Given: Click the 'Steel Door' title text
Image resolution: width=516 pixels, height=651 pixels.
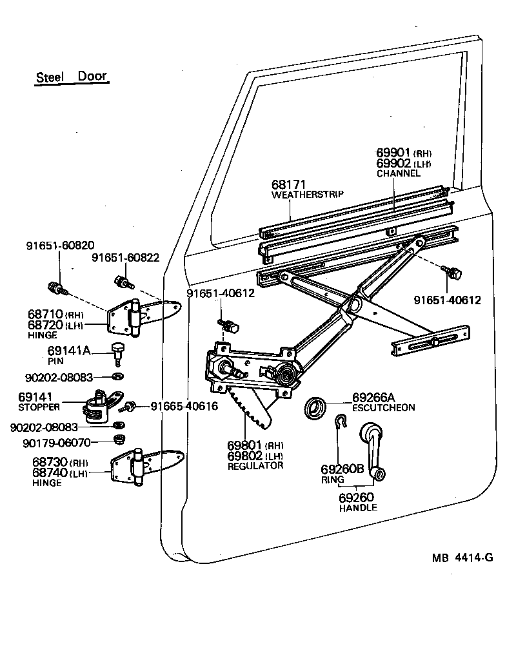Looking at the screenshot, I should [x=71, y=76].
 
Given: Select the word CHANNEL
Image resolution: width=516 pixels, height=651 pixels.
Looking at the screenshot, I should [x=398, y=173].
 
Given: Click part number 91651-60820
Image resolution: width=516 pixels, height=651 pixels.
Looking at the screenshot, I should [x=60, y=246].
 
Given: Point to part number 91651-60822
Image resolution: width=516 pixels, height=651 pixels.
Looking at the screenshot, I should [x=125, y=258].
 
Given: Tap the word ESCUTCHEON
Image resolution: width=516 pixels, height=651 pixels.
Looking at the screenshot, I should [x=383, y=408].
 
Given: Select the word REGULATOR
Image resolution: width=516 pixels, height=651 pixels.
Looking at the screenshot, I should [x=255, y=465].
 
